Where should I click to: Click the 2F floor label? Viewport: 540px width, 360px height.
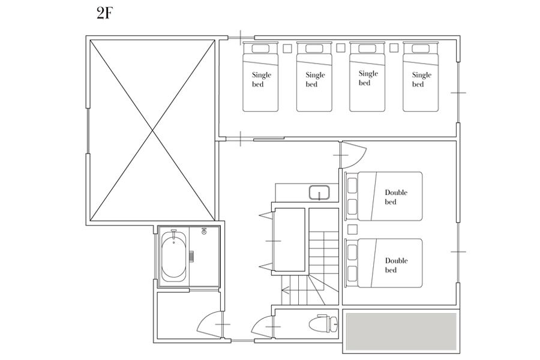tap(105, 13)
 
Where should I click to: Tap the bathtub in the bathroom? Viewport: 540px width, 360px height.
tap(174, 254)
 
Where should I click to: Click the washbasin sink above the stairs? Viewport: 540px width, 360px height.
tap(319, 193)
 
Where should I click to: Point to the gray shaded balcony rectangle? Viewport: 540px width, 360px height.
tap(401, 331)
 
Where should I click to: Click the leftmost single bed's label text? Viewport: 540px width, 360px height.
tap(262, 80)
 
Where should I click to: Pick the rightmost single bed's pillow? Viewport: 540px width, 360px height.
tap(421, 49)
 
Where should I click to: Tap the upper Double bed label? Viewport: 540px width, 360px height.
tap(396, 197)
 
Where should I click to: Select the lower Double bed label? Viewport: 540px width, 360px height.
tap(396, 265)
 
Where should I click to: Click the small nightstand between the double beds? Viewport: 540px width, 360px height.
tap(352, 229)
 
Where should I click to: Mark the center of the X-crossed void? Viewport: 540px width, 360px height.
tap(152, 130)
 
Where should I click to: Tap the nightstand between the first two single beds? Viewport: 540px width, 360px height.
tap(287, 49)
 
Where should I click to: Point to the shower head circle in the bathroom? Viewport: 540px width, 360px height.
tap(204, 232)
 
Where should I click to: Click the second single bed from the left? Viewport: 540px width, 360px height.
tap(314, 77)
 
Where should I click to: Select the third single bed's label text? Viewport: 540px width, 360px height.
tap(368, 78)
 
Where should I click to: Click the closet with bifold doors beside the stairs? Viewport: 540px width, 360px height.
tap(289, 239)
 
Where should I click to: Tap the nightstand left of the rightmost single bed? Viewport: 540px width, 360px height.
tap(394, 48)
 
